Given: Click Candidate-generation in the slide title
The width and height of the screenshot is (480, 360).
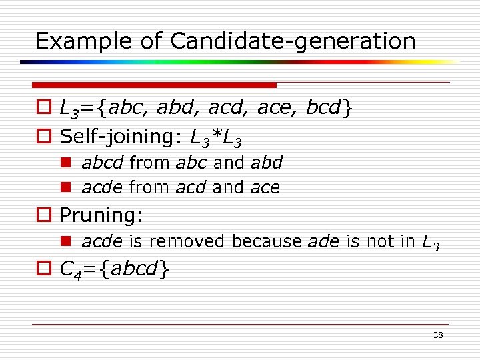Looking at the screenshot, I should [293, 41].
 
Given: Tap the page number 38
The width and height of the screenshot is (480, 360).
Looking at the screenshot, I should [438, 335].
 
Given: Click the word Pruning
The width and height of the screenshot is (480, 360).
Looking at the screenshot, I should [100, 215].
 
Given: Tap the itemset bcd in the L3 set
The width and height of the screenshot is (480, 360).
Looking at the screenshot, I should [322, 109].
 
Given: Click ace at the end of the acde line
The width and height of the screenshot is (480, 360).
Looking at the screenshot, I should [265, 188].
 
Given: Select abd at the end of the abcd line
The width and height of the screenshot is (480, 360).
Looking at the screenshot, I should [267, 163].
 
